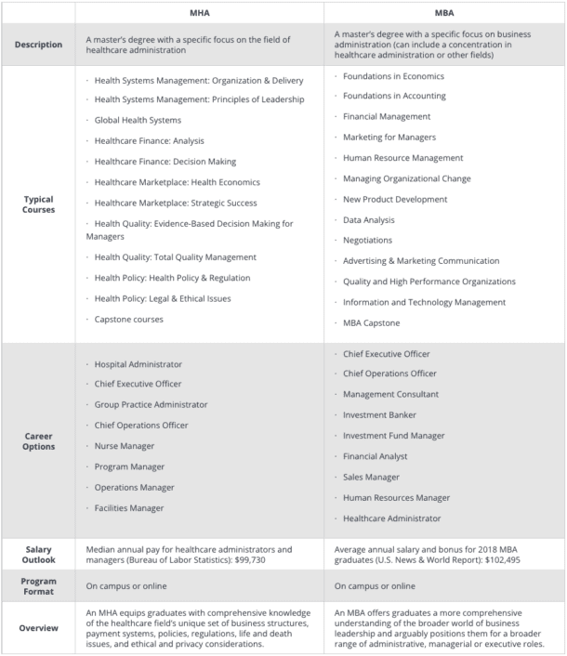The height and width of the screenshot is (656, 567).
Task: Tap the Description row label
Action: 39,45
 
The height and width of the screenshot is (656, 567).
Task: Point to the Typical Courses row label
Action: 39,204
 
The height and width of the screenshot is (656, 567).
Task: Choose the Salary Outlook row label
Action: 39,555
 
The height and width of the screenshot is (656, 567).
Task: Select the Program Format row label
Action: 39,586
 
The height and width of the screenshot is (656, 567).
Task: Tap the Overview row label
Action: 39,627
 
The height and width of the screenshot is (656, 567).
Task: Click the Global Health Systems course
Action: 138,121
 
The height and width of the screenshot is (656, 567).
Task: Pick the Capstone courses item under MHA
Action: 128,320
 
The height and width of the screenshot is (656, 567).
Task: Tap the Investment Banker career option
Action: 379,414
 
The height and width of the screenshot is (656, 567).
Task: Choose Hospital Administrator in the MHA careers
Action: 138,364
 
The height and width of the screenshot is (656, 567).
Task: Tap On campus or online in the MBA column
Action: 375,586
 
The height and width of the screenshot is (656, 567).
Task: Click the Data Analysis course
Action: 368,220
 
